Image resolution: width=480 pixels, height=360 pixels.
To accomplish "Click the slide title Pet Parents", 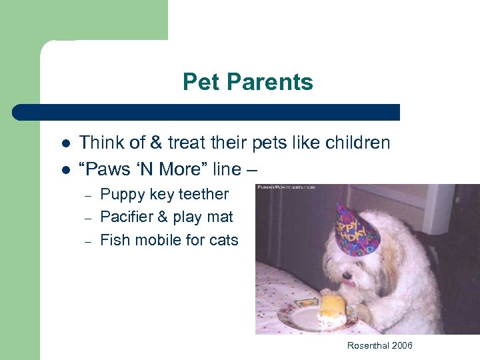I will (247, 82).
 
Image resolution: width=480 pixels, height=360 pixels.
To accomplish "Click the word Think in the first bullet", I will (100, 143).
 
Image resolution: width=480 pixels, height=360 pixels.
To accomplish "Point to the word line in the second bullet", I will (223, 169).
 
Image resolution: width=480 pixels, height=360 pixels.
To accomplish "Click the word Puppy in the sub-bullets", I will (119, 195).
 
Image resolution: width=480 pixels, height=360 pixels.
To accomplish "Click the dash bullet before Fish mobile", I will (87, 241).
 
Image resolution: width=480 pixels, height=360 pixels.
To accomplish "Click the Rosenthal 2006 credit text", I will (379, 345).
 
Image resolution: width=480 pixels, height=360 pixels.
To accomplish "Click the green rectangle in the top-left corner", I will (83, 20).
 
